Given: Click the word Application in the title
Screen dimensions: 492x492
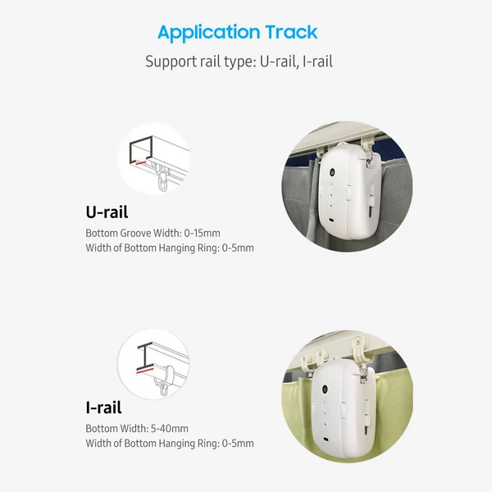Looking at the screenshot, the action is coord(208,33).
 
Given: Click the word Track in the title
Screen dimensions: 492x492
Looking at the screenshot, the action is coord(291,32).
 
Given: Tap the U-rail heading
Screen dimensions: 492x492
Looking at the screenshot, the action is coord(107,212).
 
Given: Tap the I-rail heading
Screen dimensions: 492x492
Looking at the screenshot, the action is coord(103,408).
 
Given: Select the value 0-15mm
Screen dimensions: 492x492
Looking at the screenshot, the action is coord(202,233).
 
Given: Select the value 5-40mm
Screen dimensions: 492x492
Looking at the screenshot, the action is coord(170,429).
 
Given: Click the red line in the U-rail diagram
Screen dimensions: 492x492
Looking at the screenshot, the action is coord(141,163).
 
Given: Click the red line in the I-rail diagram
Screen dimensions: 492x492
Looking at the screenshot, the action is coord(145,371).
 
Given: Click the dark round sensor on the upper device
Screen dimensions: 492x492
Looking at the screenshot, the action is coord(331,172).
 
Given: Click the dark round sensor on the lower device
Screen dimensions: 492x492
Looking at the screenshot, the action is coord(325,389).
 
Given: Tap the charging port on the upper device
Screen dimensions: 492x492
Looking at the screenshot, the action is coord(331,220).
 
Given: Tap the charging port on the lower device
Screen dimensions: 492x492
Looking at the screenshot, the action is coord(326,439).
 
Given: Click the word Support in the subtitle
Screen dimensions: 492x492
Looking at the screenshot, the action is coord(167,61).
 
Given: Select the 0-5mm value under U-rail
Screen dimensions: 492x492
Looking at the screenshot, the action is coord(238,248).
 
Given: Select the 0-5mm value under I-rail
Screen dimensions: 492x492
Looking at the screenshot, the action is coord(238,444).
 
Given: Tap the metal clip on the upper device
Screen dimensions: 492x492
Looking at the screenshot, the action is coord(369,159).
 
